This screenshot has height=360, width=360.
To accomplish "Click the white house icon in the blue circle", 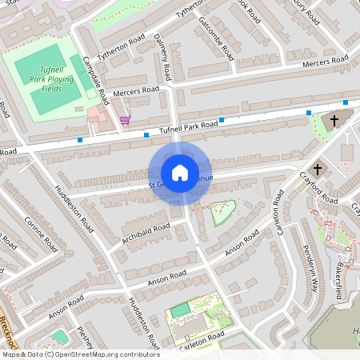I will coord(179,173).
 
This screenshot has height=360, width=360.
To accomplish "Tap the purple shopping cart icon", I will coord(125,120).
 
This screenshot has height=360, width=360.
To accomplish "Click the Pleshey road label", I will coord(86,337).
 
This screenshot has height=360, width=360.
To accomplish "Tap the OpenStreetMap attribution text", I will coord(80,354).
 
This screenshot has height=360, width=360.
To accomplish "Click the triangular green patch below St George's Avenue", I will coord(220,212).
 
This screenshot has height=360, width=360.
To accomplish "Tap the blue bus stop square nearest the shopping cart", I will coord(146,134).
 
